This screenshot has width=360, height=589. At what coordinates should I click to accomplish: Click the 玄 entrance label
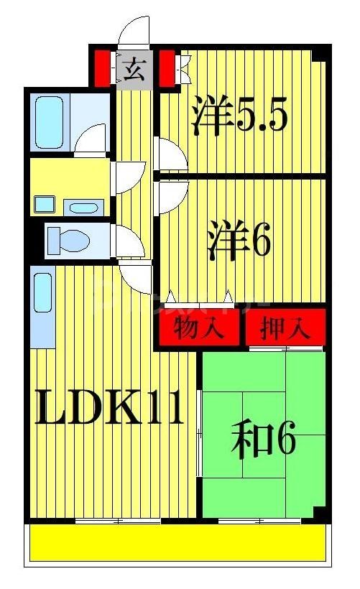134,69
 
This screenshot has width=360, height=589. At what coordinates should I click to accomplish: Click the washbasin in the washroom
85,208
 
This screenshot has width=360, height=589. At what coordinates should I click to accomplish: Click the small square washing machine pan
45,203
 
